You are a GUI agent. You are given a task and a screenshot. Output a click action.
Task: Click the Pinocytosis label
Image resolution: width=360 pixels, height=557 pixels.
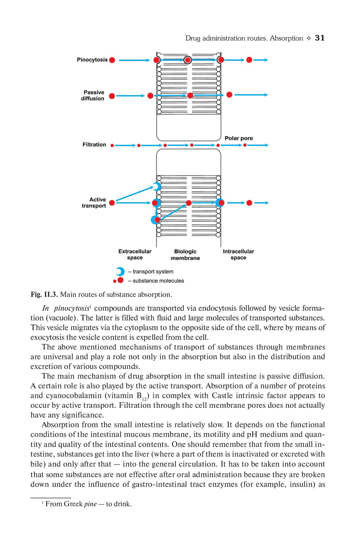92,60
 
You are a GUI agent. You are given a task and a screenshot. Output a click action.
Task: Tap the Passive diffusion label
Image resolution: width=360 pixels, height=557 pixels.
93,95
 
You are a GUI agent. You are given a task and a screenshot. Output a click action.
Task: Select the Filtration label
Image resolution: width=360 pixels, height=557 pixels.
94,145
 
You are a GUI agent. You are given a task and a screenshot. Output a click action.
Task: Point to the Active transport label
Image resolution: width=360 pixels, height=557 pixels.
94,202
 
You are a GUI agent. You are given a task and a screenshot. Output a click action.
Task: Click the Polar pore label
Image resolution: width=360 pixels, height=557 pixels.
239,138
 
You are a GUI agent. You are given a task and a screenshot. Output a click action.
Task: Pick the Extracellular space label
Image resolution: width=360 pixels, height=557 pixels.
135,254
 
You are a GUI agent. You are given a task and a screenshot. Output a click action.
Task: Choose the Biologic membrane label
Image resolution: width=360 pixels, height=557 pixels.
185,255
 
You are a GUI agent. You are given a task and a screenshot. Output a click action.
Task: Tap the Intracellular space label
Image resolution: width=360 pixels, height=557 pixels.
238,254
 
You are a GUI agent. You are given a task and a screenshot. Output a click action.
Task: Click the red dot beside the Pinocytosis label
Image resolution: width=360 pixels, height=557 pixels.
112,60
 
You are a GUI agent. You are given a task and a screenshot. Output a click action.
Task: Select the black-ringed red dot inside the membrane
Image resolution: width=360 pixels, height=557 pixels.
188,60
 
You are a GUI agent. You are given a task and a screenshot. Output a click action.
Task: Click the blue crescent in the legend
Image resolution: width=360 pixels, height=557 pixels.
120,271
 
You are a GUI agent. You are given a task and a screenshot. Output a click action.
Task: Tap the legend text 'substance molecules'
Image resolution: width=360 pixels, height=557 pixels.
158,281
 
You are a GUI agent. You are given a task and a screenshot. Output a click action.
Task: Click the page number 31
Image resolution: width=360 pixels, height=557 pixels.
320,38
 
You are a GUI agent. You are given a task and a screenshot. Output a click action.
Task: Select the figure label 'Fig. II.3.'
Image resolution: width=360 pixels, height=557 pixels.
44,295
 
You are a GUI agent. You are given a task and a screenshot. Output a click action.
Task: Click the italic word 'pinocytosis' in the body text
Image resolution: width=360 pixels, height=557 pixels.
71,308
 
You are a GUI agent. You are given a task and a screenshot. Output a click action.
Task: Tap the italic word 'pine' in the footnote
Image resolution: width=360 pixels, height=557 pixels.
90,504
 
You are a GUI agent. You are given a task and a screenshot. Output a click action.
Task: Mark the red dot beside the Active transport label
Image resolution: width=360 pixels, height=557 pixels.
112,203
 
